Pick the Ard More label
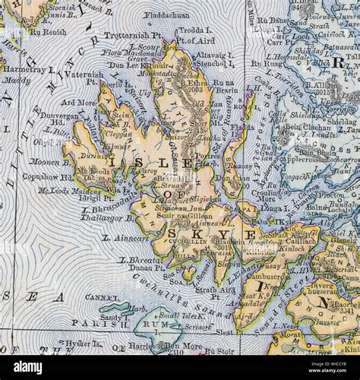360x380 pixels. [78, 101]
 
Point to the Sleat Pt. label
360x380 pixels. [223, 332]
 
